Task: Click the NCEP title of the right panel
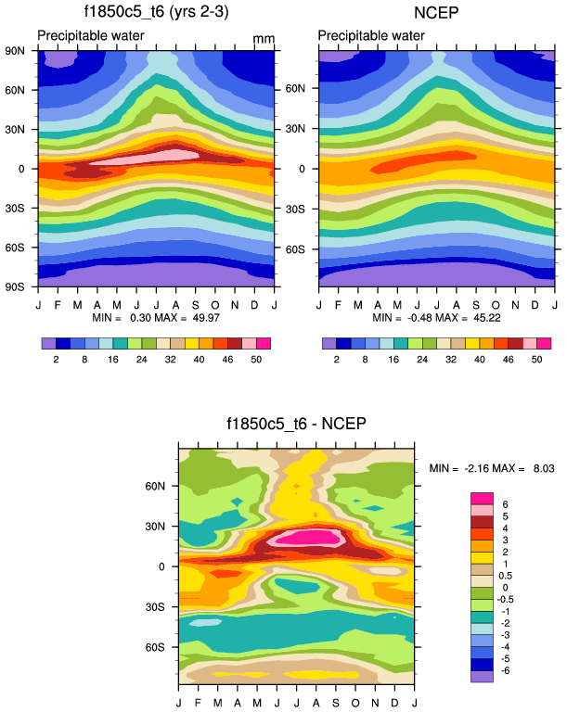pyautogui.click(x=436, y=12)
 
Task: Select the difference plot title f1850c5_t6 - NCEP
pyautogui.click(x=296, y=425)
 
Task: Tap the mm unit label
pyautogui.click(x=264, y=40)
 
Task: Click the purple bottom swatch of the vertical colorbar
pyautogui.click(x=482, y=678)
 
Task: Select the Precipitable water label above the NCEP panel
pyautogui.click(x=371, y=36)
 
